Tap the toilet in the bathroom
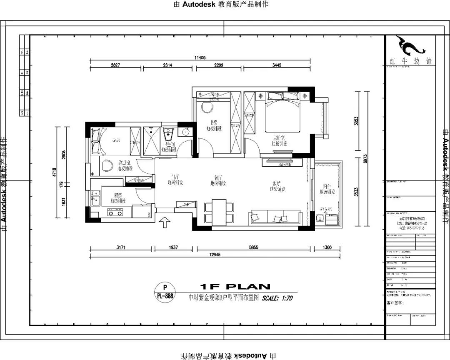pyautogui.click(x=169, y=134)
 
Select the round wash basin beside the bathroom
pyautogui.click(x=185, y=132)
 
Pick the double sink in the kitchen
pyautogui.click(x=95, y=198)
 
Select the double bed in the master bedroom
pyautogui.click(x=283, y=112)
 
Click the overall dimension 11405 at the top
pyautogui.click(x=200, y=58)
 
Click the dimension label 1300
pyautogui.click(x=327, y=247)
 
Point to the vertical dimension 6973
pyautogui.click(x=365, y=158)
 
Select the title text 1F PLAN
pyautogui.click(x=235, y=287)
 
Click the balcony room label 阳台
pyautogui.click(x=327, y=186)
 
